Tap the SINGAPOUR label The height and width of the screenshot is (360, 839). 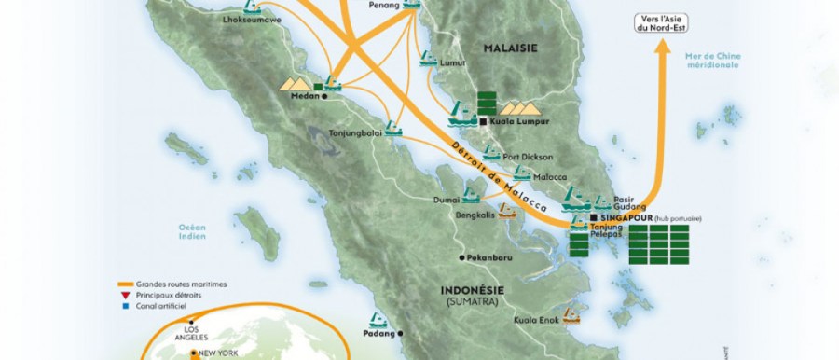coord(620,217)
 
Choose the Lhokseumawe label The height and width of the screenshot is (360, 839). coord(248,18)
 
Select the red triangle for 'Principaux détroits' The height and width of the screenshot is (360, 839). coord(123,295)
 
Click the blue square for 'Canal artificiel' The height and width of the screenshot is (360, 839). coord(123,305)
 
